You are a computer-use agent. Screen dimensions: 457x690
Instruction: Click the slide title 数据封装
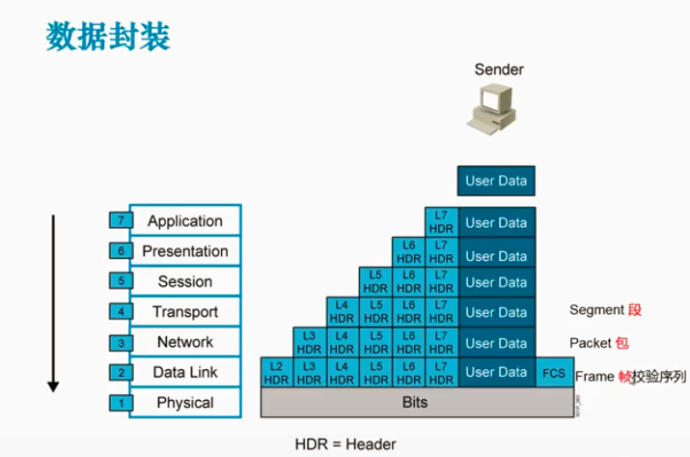(x=108, y=37)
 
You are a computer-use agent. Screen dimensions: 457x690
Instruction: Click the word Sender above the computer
(x=499, y=70)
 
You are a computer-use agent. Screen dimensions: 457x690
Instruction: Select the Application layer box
(x=184, y=221)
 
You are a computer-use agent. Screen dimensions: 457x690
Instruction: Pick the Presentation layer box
(x=184, y=251)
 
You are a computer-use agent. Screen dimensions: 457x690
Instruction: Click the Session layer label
(x=184, y=282)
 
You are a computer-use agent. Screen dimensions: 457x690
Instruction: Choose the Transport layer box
(x=184, y=312)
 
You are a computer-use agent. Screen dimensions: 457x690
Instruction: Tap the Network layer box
(x=184, y=342)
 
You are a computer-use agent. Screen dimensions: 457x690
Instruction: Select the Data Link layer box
(x=184, y=372)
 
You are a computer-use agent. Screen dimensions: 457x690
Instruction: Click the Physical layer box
(x=184, y=403)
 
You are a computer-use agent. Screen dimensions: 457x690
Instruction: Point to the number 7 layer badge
(x=120, y=221)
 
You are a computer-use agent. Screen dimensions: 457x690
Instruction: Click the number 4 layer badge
(x=120, y=312)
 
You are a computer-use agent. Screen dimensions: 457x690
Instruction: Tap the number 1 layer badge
(x=120, y=403)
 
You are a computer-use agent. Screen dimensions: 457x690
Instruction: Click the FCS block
(x=554, y=372)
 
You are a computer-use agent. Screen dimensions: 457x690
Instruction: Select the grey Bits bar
(x=413, y=403)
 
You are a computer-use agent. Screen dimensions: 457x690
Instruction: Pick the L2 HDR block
(x=277, y=373)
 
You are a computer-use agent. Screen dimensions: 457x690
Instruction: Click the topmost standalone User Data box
(x=496, y=181)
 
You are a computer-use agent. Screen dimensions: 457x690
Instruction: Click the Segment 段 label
(x=605, y=310)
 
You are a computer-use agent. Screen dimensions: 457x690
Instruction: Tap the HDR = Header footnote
(x=345, y=444)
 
